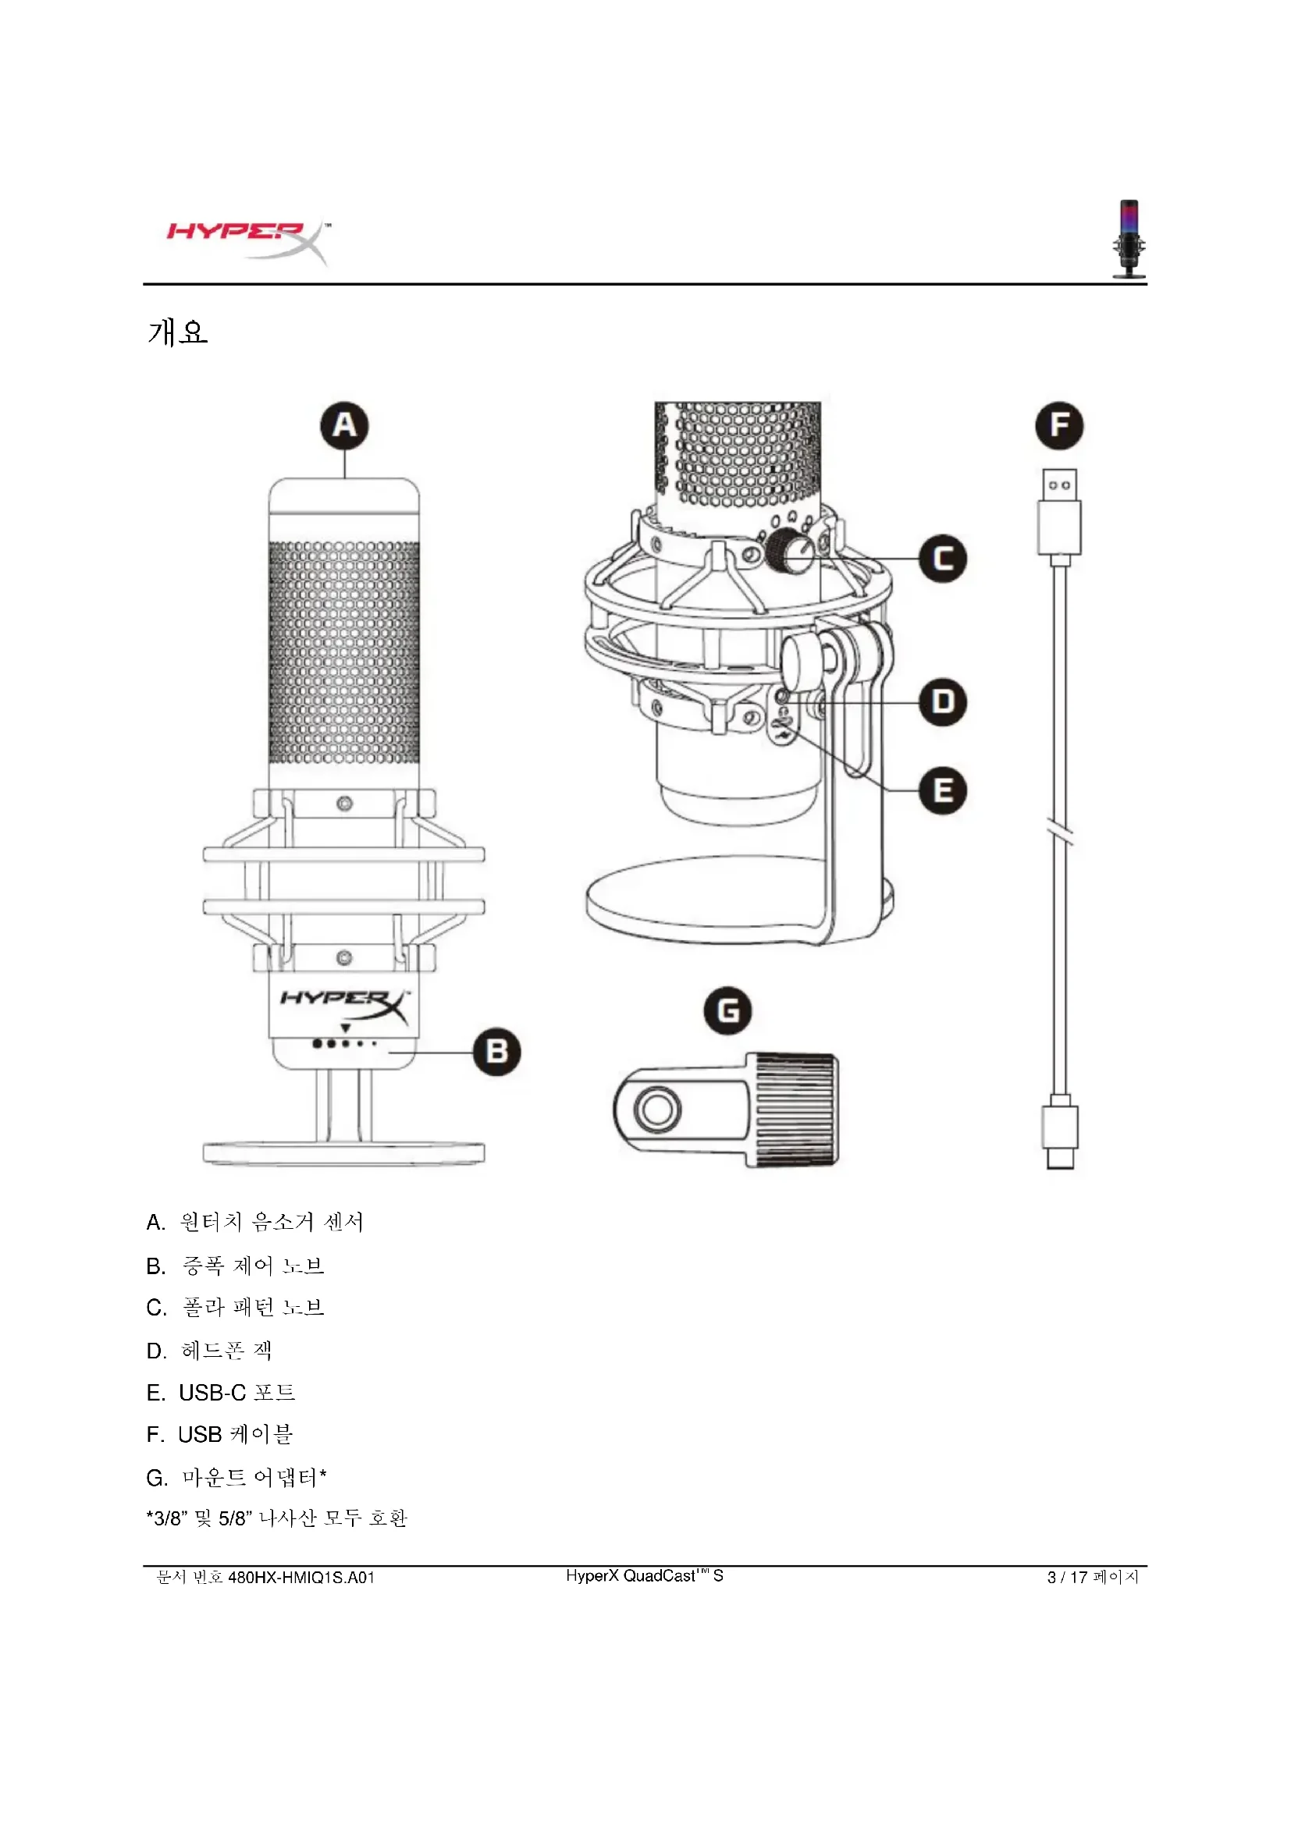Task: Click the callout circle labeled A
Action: coord(344,425)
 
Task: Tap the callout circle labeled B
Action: coord(497,1052)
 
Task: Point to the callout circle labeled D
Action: coord(943,702)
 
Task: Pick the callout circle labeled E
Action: coord(943,790)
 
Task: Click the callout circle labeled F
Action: coord(1059,425)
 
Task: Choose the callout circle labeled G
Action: coord(727,1010)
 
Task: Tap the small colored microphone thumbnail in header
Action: coord(1129,239)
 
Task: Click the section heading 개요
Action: coord(178,332)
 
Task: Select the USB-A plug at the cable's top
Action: coord(1059,513)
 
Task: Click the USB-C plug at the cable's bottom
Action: coord(1060,1133)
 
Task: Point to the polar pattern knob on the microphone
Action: coord(788,549)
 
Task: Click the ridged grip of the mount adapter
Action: coord(795,1110)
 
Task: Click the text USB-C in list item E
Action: coord(212,1393)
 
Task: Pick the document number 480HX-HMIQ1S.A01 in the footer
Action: coord(301,1578)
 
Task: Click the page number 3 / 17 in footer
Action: coord(1067,1578)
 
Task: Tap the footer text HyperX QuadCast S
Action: coord(645,1576)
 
